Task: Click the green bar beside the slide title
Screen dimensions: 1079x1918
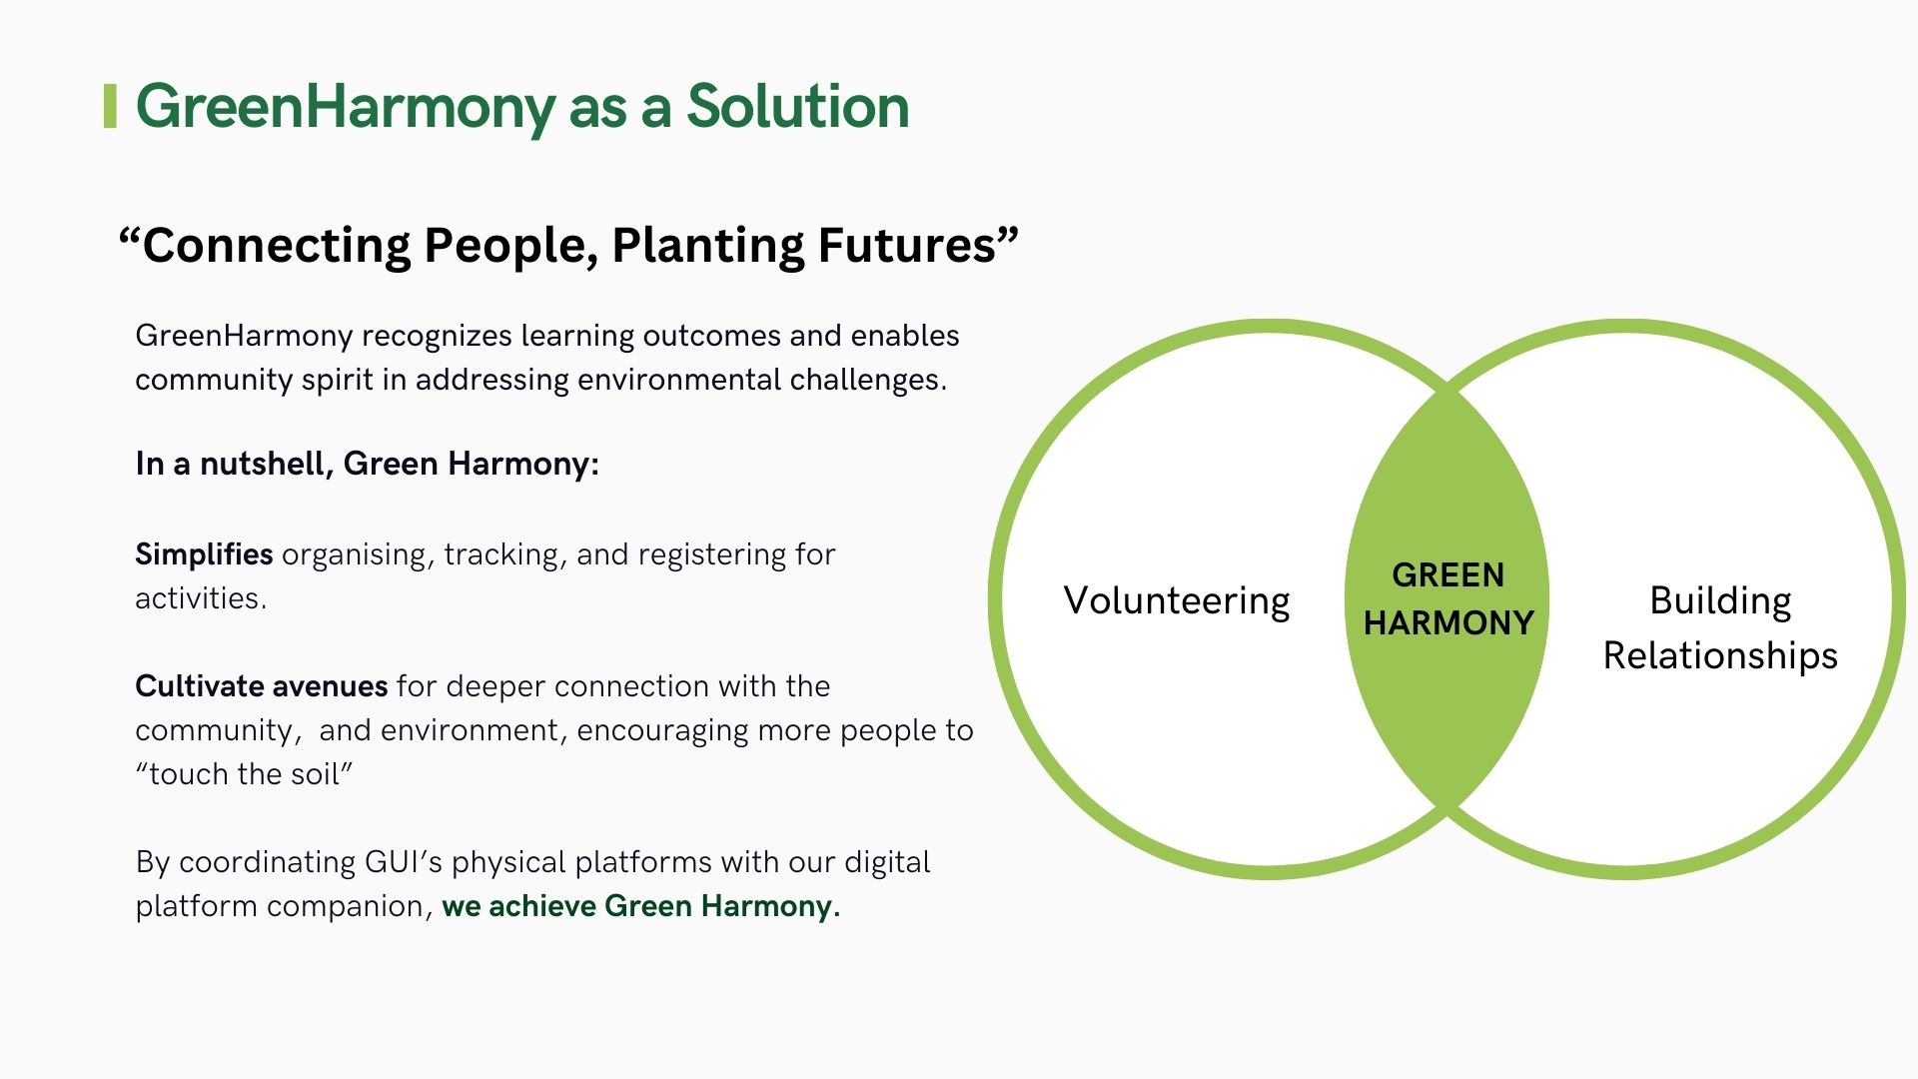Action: pyautogui.click(x=110, y=107)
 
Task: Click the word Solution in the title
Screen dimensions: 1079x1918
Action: pyautogui.click(x=797, y=107)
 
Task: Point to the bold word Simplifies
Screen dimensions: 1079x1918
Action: pyautogui.click(x=204, y=554)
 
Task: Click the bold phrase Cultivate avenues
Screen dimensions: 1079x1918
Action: pyautogui.click(x=261, y=686)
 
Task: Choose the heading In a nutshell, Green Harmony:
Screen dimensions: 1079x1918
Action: pyautogui.click(x=367, y=464)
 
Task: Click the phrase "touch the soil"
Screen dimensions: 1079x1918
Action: pyautogui.click(x=245, y=774)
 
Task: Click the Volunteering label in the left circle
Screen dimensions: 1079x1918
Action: pyautogui.click(x=1177, y=600)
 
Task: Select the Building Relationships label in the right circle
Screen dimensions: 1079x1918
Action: pyautogui.click(x=1720, y=627)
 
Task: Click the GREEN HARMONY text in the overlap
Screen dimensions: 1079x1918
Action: pyautogui.click(x=1448, y=598)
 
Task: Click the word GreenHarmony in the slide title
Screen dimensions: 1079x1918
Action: pyautogui.click(x=346, y=107)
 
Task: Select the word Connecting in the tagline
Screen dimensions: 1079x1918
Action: pyautogui.click(x=276, y=246)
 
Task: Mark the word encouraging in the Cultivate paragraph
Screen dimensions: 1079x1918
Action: pyautogui.click(x=662, y=730)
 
